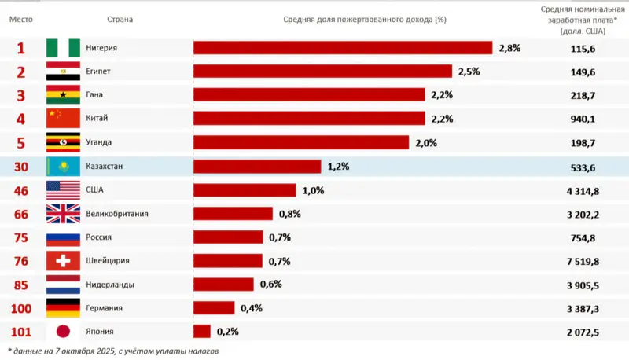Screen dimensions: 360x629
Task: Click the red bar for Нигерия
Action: (x=343, y=48)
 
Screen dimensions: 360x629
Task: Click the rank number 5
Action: (x=21, y=142)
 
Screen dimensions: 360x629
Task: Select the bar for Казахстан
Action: (x=257, y=167)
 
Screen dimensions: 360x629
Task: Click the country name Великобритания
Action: (x=117, y=214)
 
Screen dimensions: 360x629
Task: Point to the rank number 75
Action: (x=21, y=237)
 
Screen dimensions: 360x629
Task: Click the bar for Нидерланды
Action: (x=223, y=285)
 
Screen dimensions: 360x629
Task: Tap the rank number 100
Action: (x=21, y=308)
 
